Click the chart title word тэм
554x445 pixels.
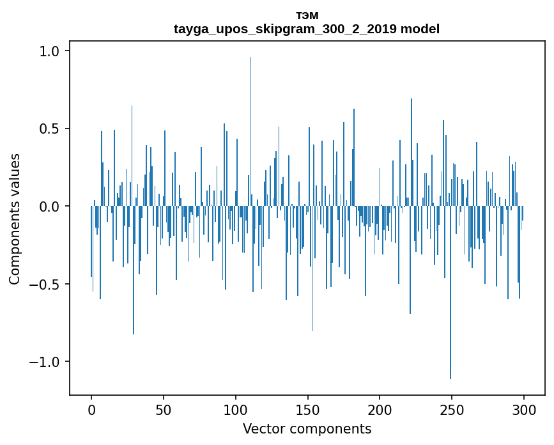tap(307, 16)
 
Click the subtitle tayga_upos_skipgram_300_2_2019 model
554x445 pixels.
tap(307, 29)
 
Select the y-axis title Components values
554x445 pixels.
tap(15, 219)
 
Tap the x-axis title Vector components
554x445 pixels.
tap(307, 429)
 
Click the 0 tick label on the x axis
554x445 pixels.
tap(91, 409)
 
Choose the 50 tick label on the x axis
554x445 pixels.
tap(164, 409)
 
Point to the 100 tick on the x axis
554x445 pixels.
tap(236, 409)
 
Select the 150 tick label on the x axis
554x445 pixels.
tap(308, 409)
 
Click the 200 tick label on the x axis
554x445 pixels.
tap(380, 409)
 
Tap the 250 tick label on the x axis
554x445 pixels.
tap(452, 409)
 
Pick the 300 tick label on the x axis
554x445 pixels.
tap(524, 409)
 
